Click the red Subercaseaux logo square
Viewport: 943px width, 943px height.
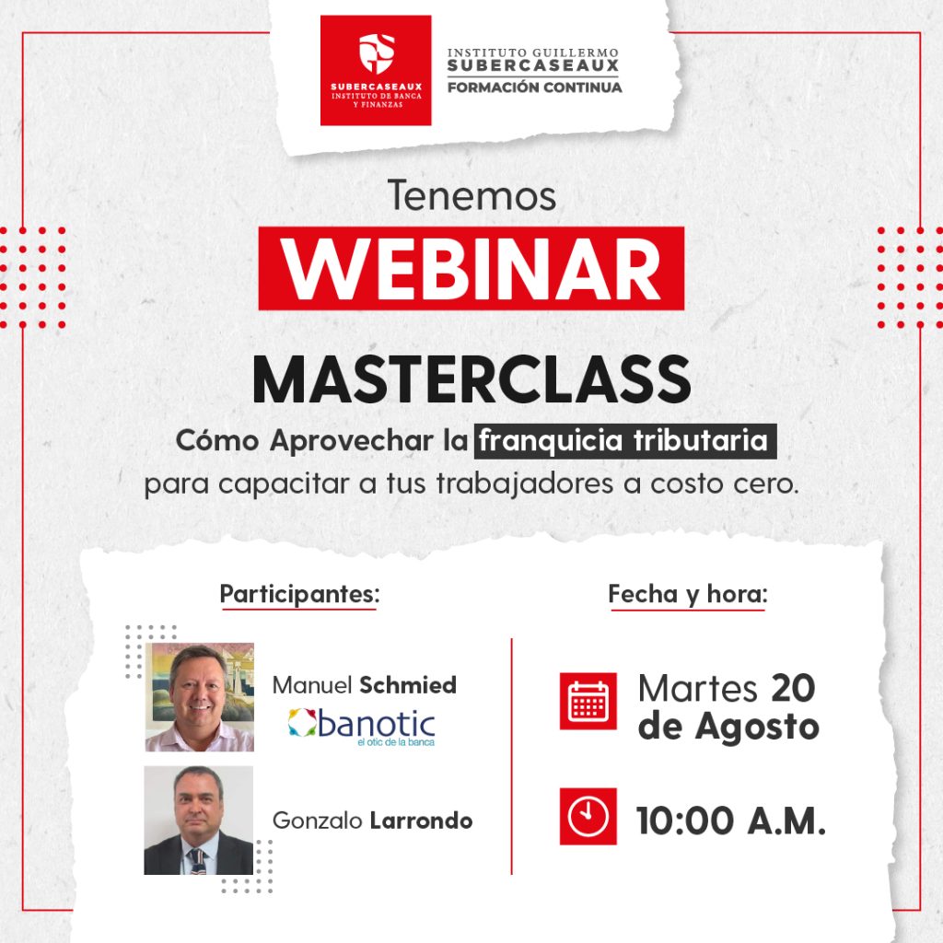tap(376, 70)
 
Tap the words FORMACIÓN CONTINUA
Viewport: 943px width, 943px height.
tap(535, 87)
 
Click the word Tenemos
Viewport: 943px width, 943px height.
tap(472, 195)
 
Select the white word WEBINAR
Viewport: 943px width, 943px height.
tap(471, 269)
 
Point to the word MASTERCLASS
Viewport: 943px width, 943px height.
tap(471, 379)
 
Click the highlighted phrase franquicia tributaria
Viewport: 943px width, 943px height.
tap(625, 441)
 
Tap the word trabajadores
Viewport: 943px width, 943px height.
tap(525, 483)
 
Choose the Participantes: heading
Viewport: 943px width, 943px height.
tap(299, 594)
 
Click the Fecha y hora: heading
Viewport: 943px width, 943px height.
tap(688, 594)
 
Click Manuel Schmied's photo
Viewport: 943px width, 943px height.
tap(200, 697)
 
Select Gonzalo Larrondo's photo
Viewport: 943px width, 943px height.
tap(199, 821)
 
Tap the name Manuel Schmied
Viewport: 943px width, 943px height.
tap(365, 685)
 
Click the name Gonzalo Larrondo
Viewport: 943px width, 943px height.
tap(372, 821)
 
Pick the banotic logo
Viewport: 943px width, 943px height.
tap(361, 727)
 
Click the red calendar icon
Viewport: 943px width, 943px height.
tap(588, 701)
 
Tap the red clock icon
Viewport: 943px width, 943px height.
tap(588, 817)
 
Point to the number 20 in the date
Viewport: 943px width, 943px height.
tap(793, 687)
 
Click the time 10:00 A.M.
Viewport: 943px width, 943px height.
tap(731, 821)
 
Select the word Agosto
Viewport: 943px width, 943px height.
tap(757, 728)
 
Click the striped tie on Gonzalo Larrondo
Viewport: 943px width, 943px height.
tap(196, 861)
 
